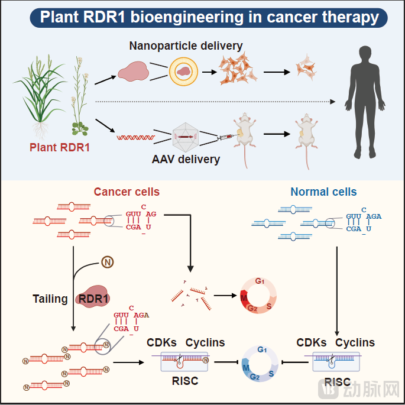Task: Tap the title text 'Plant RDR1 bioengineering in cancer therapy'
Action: [x=209, y=17]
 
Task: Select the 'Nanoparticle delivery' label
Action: [x=186, y=46]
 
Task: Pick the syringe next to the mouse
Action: [x=224, y=137]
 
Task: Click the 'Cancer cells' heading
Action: [x=127, y=192]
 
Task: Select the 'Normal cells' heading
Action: [x=323, y=192]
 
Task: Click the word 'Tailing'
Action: [x=50, y=299]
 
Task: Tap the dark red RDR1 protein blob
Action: [x=95, y=298]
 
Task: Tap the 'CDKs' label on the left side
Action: [x=162, y=342]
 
